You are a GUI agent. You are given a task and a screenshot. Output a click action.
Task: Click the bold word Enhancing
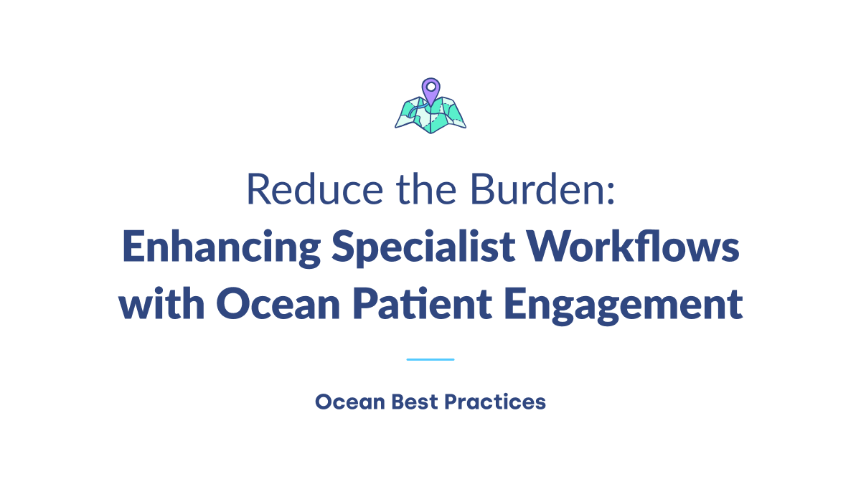(x=220, y=248)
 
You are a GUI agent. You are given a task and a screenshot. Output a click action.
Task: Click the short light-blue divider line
(x=430, y=359)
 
